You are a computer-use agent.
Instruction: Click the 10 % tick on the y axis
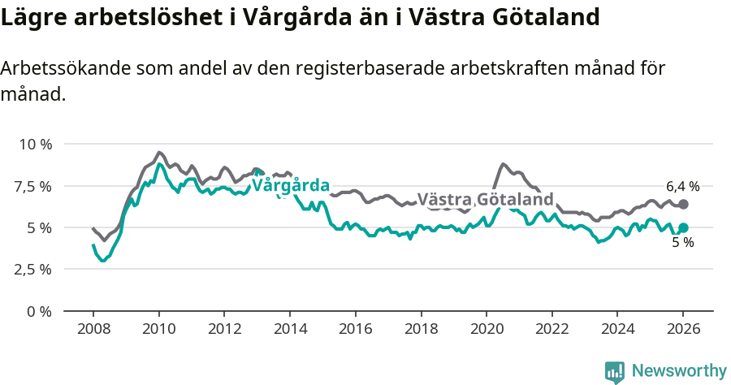(x=35, y=145)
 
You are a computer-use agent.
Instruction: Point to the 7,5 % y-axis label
(x=34, y=186)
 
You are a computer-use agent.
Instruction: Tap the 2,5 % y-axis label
(x=34, y=269)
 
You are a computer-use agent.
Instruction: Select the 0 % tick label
(x=40, y=311)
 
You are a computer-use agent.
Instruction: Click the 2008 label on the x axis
(x=93, y=330)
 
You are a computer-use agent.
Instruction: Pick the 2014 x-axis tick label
(x=290, y=330)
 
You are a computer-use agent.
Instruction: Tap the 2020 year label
(x=487, y=330)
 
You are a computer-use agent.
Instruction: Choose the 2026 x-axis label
(x=683, y=330)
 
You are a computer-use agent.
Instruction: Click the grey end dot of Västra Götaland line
(x=683, y=205)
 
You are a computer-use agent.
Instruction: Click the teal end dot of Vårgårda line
(x=683, y=228)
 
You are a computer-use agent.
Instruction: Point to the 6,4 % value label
(x=682, y=186)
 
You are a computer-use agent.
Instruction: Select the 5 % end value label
(x=682, y=243)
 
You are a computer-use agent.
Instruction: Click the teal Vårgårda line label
(x=291, y=185)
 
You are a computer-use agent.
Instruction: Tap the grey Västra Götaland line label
(x=485, y=200)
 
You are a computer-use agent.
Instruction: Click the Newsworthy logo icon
(x=615, y=372)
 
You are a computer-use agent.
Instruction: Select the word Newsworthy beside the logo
(x=679, y=371)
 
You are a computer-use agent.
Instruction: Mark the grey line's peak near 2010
(x=159, y=152)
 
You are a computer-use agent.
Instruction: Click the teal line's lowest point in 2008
(x=102, y=261)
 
